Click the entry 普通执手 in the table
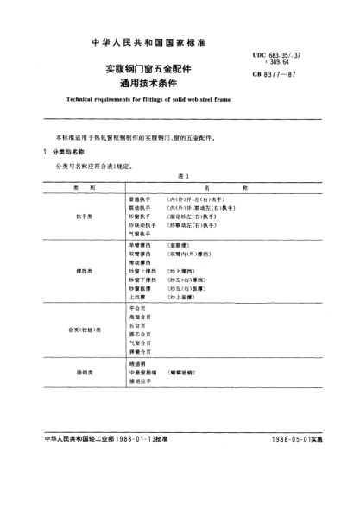click(138, 198)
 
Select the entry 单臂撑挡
click(138, 246)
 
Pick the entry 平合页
click(135, 306)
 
